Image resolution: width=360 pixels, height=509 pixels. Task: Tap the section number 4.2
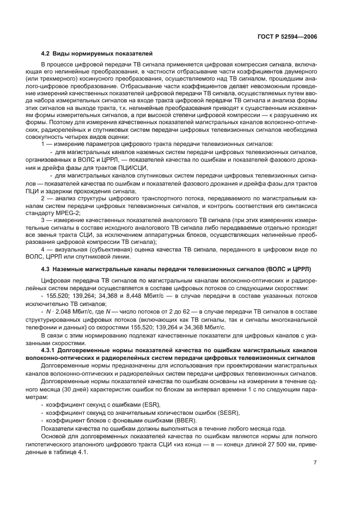click(x=46, y=53)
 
